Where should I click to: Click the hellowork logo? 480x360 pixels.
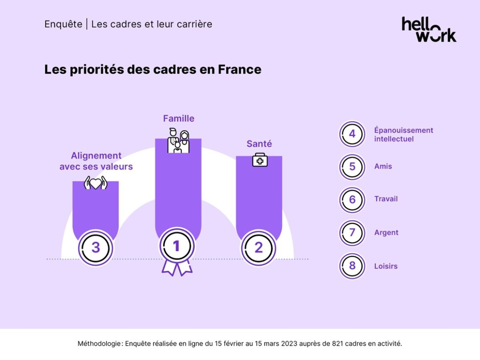[429, 30]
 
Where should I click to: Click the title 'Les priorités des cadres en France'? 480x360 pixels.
[152, 70]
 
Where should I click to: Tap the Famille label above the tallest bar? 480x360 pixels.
[178, 118]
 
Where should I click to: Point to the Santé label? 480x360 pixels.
[259, 144]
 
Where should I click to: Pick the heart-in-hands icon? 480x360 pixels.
[96, 183]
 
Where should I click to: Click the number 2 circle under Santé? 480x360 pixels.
[259, 248]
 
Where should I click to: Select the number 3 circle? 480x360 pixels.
[96, 248]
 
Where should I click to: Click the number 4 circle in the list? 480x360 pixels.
[352, 134]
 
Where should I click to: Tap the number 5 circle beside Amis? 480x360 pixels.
[352, 167]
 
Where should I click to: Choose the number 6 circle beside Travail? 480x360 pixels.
[352, 200]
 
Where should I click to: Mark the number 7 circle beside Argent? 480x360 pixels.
[352, 233]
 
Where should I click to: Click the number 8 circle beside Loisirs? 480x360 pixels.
[352, 266]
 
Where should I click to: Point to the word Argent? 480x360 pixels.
[386, 233]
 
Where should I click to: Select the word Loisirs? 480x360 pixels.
[386, 266]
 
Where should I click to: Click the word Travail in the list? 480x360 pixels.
[386, 199]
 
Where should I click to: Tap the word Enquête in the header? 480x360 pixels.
[63, 24]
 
